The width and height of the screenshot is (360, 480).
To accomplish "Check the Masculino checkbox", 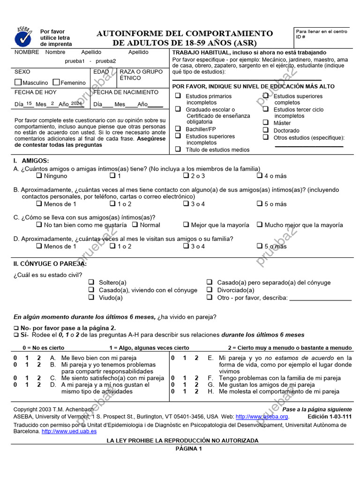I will tap(18, 82).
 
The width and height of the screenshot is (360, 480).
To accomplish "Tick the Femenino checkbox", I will tap(56, 82).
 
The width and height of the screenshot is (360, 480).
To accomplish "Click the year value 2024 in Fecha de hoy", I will tap(76, 104).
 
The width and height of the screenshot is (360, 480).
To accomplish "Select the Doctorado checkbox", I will tap(266, 130).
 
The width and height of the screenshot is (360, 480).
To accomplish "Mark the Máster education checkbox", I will tap(266, 123).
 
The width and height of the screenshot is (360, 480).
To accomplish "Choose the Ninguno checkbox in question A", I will tap(39, 176).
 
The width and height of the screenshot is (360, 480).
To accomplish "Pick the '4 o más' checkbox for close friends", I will tap(259, 176).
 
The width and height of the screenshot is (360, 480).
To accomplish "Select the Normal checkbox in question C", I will tap(135, 225).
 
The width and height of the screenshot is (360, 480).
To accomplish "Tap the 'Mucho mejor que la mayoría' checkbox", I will tap(259, 225).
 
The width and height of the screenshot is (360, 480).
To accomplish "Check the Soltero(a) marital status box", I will tap(91, 283).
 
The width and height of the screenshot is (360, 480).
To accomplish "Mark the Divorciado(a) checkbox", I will tap(210, 290).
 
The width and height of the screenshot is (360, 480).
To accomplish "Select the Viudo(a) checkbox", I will tap(91, 298).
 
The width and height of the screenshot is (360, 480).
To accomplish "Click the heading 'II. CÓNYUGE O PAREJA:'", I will tap(50, 264).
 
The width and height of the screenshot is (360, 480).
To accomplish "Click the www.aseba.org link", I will tap(262, 417).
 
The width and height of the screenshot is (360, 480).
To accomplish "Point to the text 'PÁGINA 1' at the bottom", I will tap(188, 449).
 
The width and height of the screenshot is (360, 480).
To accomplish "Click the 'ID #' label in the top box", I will tap(300, 37).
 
